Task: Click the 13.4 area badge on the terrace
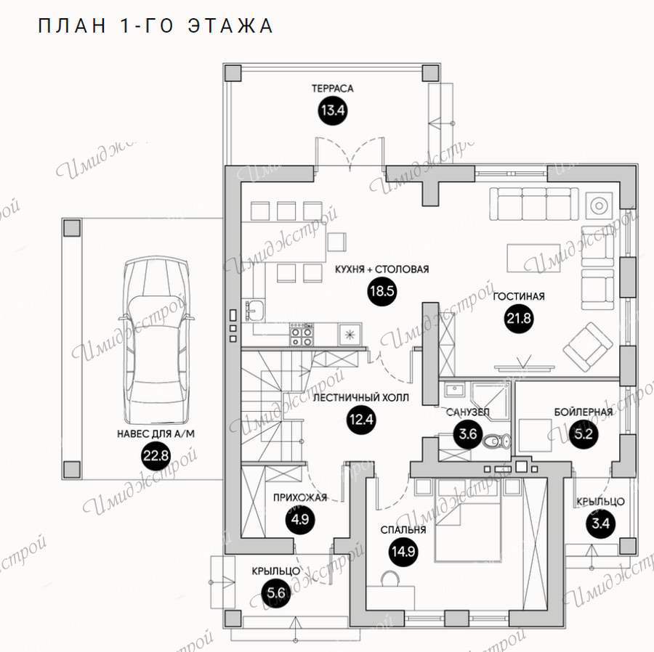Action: click(333, 110)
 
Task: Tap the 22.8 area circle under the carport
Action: click(156, 455)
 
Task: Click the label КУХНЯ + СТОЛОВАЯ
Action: click(381, 269)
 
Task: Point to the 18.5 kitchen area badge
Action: click(381, 291)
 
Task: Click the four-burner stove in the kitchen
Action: click(302, 335)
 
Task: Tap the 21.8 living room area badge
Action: click(519, 319)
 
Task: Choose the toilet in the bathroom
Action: click(497, 441)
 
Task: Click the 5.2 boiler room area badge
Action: click(583, 434)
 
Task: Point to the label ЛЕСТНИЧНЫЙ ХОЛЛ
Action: click(360, 397)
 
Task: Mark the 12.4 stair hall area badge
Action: click(361, 420)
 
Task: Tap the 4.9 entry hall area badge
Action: click(300, 520)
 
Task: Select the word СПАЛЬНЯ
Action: click(403, 529)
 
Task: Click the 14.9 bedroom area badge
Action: click(403, 552)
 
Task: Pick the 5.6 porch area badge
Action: click(275, 592)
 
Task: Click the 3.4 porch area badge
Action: click(601, 523)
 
